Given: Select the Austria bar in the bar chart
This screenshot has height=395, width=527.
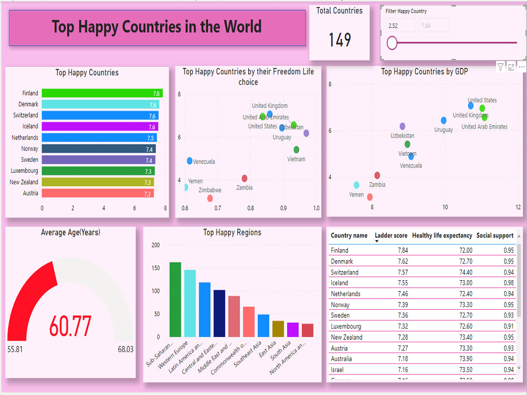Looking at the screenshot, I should (x=97, y=193).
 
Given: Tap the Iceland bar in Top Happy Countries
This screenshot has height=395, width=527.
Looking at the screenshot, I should (x=100, y=126).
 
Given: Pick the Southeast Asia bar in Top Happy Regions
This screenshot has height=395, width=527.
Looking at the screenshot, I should (x=263, y=325).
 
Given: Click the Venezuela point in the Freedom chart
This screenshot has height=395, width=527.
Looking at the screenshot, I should (x=190, y=161).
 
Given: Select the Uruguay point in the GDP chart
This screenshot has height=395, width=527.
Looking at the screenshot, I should (x=444, y=121).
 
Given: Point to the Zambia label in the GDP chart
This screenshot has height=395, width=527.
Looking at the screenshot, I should (x=377, y=185).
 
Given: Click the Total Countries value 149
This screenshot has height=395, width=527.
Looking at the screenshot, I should (x=340, y=40).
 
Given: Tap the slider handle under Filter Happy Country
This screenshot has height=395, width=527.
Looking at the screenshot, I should (x=392, y=43).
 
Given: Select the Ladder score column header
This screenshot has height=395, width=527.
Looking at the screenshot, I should (x=391, y=235).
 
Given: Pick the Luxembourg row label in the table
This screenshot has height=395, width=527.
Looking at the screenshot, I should (x=346, y=327).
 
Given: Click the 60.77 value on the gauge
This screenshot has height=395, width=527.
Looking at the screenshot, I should (x=70, y=326).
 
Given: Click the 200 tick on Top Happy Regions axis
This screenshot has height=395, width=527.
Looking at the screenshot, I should (x=155, y=245).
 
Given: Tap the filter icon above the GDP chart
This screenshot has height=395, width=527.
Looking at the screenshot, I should (x=500, y=67).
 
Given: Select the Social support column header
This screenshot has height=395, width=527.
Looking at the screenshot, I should (x=494, y=235).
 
